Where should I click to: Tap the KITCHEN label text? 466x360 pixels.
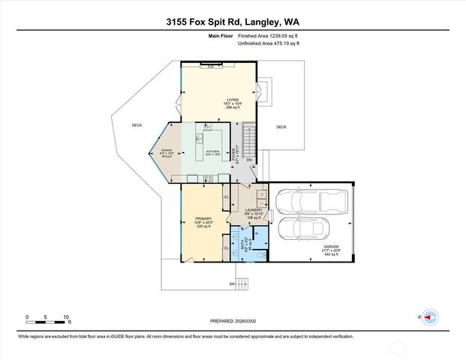point(212,151)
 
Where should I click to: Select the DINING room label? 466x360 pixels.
point(167,151)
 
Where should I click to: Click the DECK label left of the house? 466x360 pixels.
point(137,125)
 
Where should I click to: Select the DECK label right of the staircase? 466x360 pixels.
point(281,127)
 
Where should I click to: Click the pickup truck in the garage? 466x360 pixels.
point(309,200)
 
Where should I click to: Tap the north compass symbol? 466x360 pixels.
point(430,316)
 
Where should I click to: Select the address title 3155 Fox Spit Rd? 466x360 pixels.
point(233,22)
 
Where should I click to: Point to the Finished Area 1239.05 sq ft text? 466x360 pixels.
point(268,36)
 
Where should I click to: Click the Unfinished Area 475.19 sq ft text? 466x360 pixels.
point(268,43)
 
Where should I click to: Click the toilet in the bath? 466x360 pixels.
point(261,253)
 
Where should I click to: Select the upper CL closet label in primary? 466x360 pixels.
point(226,197)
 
